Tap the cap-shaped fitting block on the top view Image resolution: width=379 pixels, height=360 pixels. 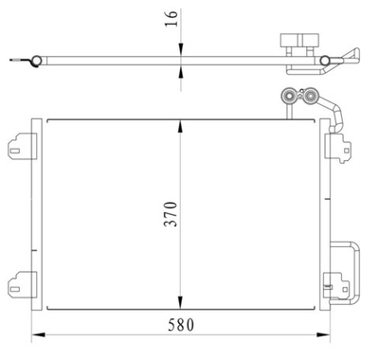click(x=296, y=45)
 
